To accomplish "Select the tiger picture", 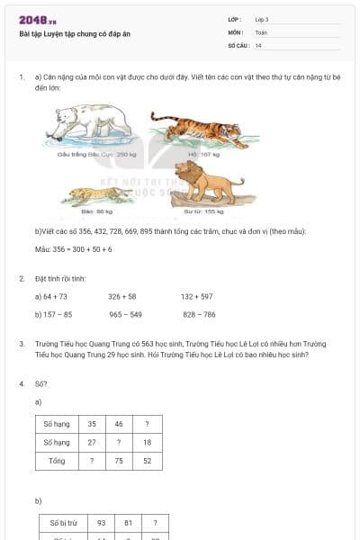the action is pos(197,130).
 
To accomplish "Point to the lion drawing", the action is pos(209,185).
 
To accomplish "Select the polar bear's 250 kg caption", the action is pos(89,155).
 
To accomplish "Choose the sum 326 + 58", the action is pos(122,296).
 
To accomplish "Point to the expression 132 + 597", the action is pos(196,296).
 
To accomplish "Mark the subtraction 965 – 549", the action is pos(125,315).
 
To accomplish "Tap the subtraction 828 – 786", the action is pos(199,315).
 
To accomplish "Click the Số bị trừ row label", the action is pos(59,523).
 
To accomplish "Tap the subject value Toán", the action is pos(261,31).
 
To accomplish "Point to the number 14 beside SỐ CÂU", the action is pos(258,45).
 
